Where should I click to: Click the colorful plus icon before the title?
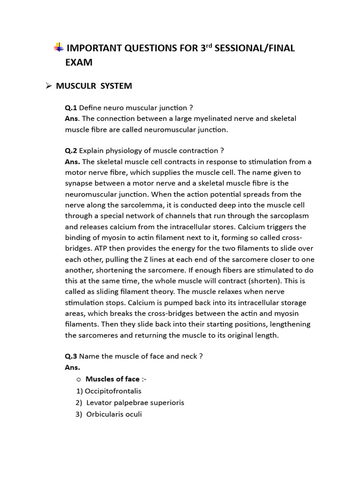tap(59, 47)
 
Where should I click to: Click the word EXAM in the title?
tap(79, 62)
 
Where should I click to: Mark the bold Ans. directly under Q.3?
tap(72, 367)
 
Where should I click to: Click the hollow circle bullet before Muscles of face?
tap(79, 379)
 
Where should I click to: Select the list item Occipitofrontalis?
tap(112, 391)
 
